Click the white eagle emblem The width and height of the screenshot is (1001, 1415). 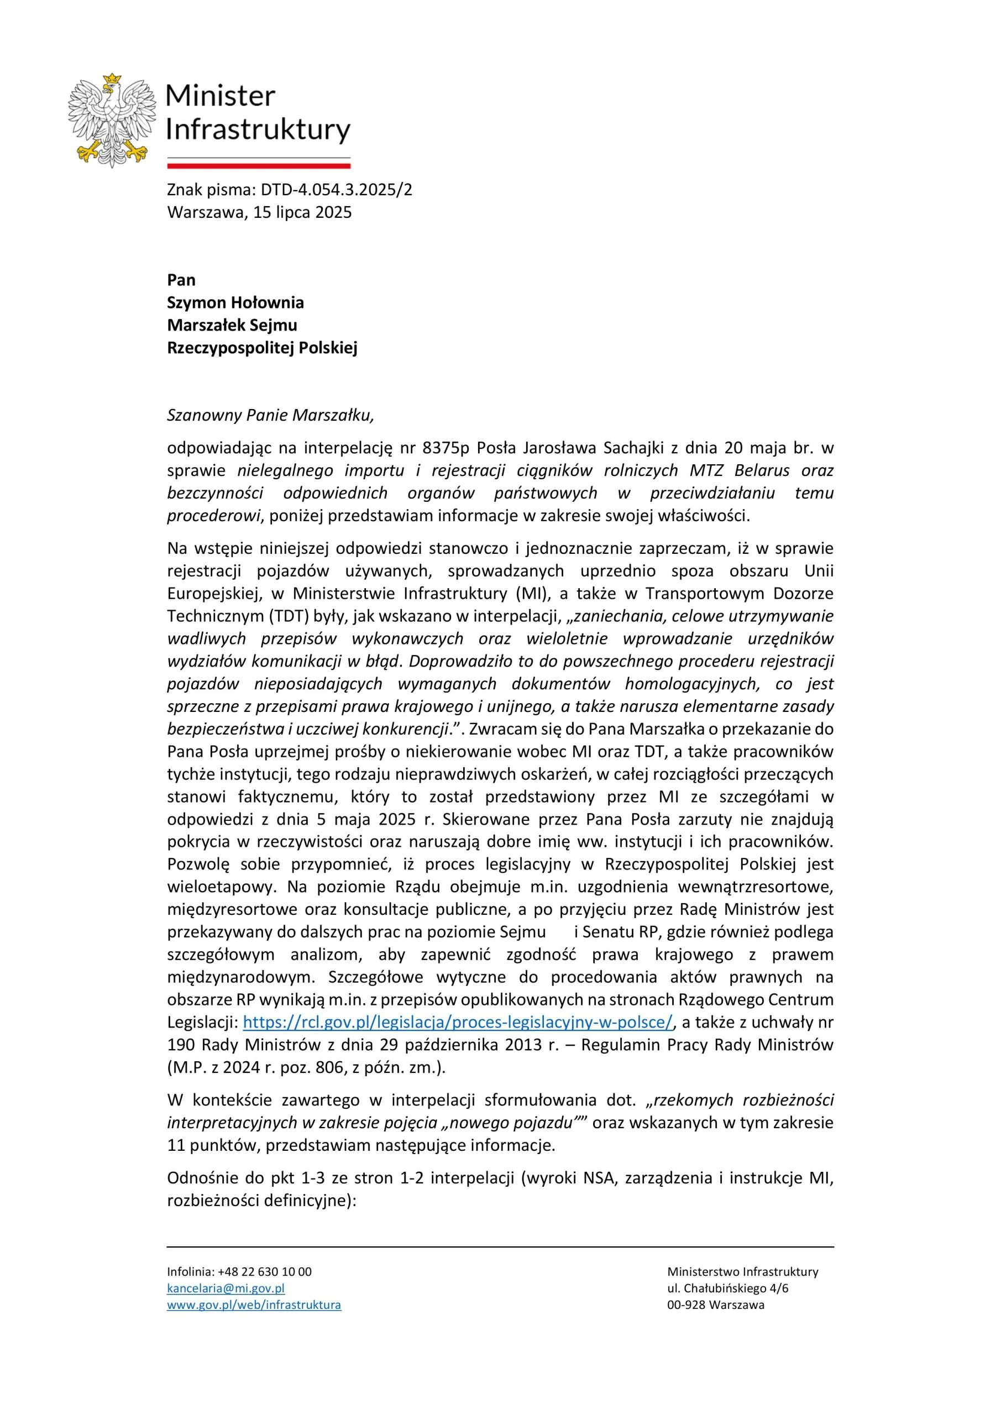point(111,120)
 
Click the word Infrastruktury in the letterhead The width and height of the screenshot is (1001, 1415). point(258,130)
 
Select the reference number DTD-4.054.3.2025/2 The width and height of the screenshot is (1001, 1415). point(336,190)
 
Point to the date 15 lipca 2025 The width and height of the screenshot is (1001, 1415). point(302,213)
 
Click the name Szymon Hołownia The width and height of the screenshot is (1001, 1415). point(235,302)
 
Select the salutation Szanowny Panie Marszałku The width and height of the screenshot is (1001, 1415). point(270,415)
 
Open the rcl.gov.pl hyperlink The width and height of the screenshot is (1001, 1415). point(457,1022)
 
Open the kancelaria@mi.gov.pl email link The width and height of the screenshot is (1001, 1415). point(226,1288)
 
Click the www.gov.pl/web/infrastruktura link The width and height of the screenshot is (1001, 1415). point(254,1304)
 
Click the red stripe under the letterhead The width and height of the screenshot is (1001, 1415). point(258,165)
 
